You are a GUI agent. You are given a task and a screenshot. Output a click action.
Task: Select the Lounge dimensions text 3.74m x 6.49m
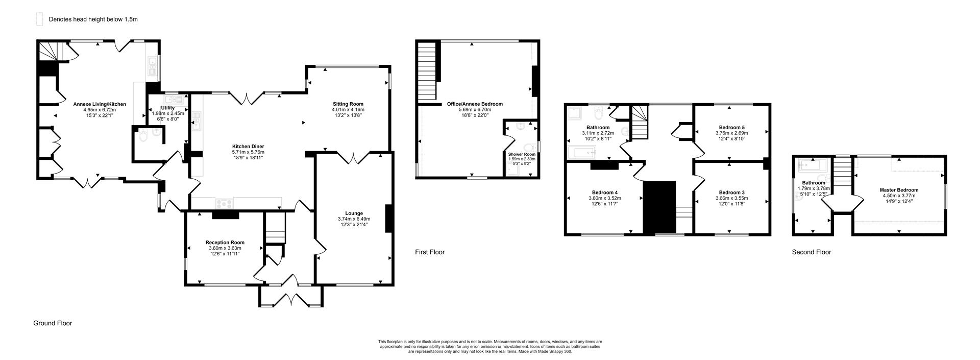coord(354,219)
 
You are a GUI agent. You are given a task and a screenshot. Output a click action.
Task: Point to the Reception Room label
coord(225,243)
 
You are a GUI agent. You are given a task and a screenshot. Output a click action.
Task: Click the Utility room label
coord(167,108)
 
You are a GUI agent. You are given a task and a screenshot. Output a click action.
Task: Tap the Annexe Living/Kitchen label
coord(100,104)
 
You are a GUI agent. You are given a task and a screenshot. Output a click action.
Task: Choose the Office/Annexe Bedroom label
coord(475,104)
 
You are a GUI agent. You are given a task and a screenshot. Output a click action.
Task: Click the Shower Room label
coord(522,154)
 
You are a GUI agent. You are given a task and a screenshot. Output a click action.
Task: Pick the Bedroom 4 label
coord(603,193)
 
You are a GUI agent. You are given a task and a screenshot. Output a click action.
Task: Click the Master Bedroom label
coord(899,190)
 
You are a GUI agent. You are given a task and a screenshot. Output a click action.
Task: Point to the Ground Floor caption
coord(53,323)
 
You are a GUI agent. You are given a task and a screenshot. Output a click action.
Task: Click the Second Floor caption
coord(811,252)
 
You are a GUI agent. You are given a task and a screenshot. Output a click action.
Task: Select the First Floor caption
coord(429,252)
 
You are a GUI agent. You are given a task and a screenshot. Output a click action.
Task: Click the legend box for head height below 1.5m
coord(39,19)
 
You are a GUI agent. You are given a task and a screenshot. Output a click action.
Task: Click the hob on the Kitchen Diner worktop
coord(223,203)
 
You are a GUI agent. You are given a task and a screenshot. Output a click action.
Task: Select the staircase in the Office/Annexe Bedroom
coord(427,72)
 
